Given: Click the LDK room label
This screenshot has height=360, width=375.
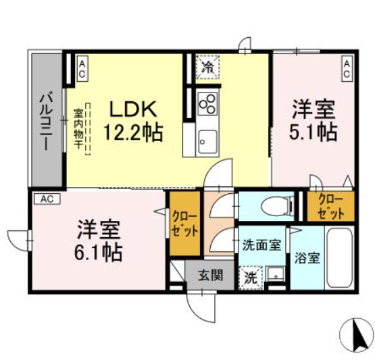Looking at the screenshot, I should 134,109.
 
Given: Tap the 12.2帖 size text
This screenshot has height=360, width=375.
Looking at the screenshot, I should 133,131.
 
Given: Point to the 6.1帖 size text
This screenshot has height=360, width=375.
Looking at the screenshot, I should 99,253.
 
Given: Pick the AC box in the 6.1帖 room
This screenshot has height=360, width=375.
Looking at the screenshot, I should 47,199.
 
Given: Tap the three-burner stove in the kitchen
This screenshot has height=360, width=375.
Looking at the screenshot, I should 208,105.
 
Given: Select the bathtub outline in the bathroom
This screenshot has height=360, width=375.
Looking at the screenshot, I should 339,257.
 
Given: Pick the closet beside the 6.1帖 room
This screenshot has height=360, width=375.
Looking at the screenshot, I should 184,224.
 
